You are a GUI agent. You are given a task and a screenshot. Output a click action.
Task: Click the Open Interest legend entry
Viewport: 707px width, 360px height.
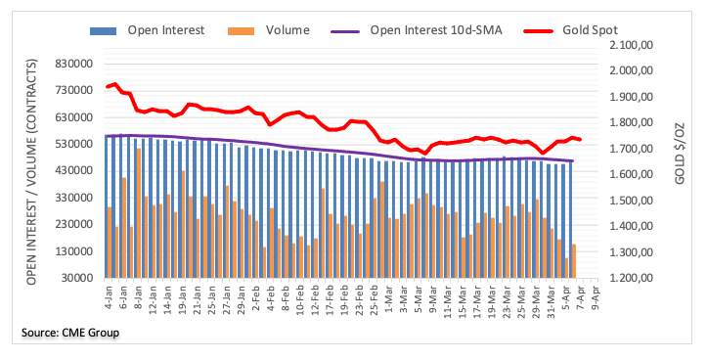coord(147,30)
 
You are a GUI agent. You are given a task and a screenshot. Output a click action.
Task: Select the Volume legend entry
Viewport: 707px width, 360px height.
coord(269,30)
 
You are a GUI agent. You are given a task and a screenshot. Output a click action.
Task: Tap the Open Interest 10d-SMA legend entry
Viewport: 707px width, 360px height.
coord(417,30)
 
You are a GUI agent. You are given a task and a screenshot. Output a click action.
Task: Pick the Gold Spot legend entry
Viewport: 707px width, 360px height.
coord(571,30)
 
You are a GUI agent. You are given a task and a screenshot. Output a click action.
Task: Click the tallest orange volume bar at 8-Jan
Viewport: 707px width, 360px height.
coord(139,213)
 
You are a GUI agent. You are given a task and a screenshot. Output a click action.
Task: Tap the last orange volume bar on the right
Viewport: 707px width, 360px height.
coord(574,261)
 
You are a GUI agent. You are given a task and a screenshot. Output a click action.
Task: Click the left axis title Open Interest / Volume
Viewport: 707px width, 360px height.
coord(31,171)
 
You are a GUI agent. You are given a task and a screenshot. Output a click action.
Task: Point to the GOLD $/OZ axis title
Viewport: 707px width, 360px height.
coord(680,154)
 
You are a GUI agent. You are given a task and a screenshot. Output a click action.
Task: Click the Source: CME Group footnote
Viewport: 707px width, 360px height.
coord(70,334)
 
